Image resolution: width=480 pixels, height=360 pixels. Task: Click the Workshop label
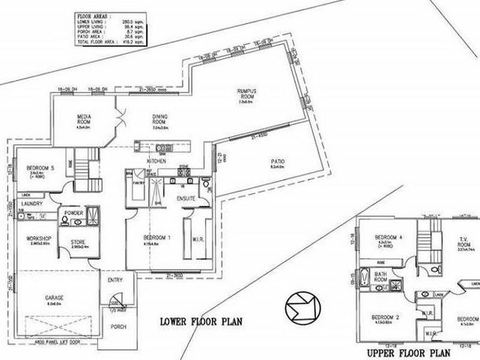37,238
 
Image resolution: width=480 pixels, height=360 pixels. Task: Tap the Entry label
115,280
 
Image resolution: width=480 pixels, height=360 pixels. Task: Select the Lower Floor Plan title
201,321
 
